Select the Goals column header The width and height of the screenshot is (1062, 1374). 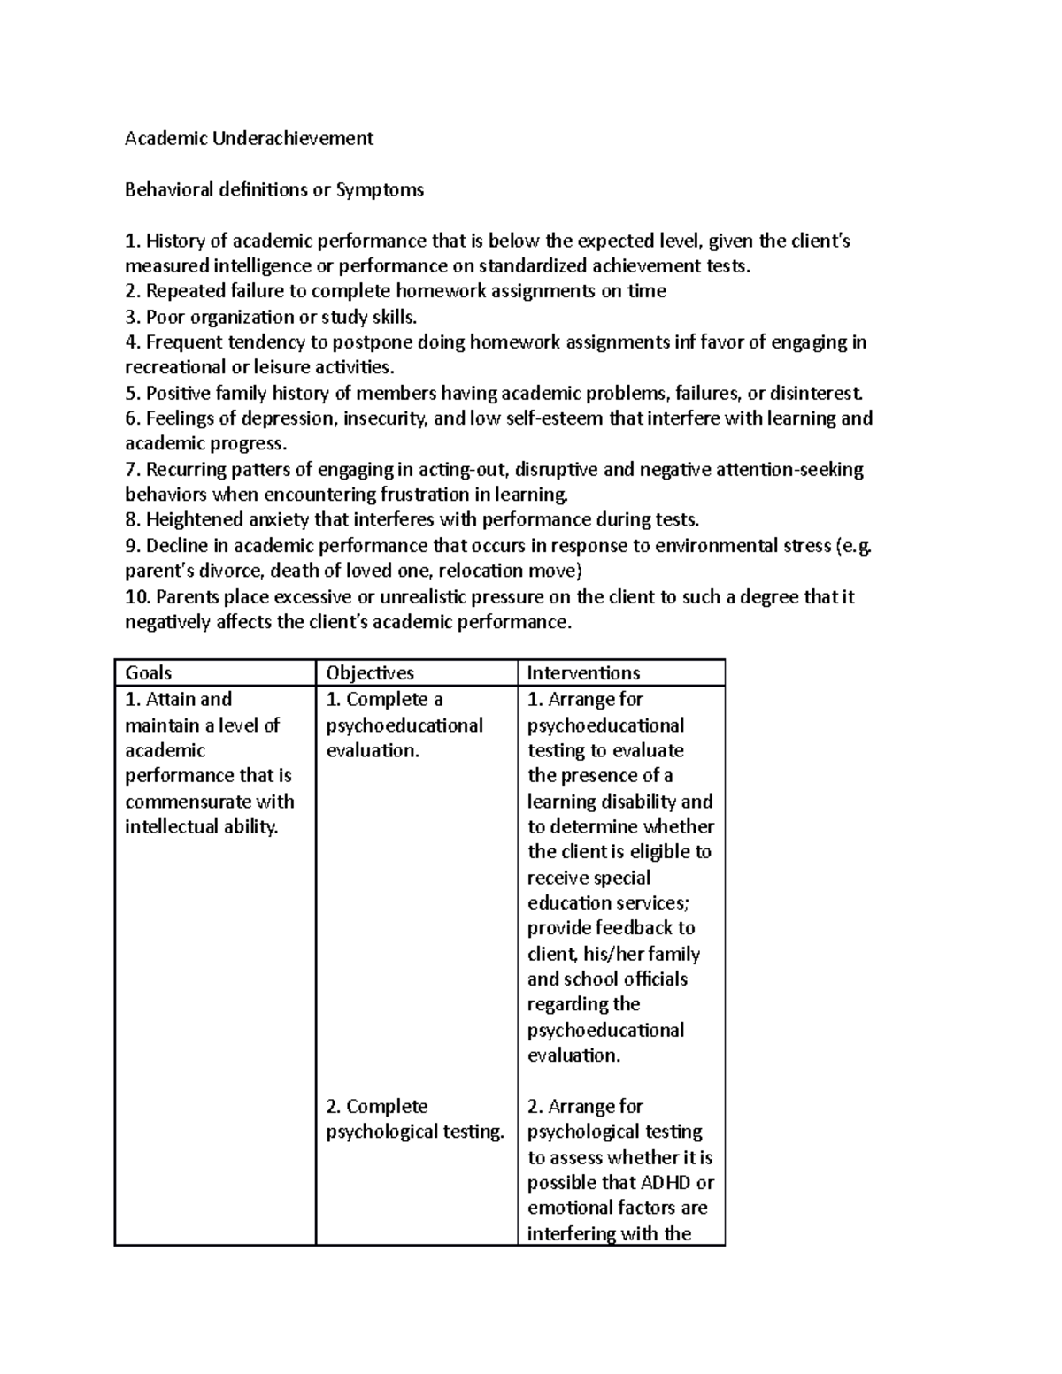(x=149, y=673)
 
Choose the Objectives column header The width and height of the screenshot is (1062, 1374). (x=370, y=673)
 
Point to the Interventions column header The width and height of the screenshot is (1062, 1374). (x=583, y=673)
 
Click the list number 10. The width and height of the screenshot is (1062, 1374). (x=137, y=597)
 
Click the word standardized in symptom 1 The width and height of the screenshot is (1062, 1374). (x=538, y=266)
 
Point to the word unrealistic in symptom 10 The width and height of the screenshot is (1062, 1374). (x=424, y=597)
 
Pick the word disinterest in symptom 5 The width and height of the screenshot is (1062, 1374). (x=815, y=393)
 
